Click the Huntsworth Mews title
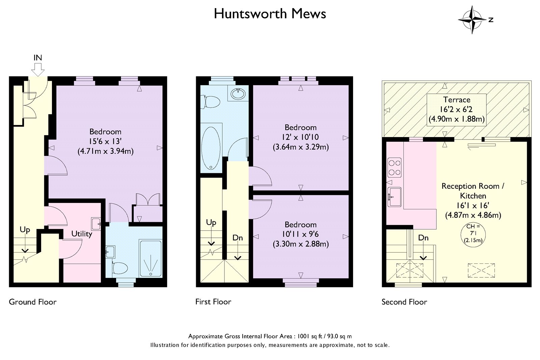click(270, 14)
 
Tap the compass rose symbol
click(472, 20)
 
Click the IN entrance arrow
click(38, 70)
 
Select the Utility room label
click(82, 234)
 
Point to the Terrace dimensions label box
click(457, 110)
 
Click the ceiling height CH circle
click(473, 234)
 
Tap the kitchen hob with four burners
click(395, 168)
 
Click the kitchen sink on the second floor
click(395, 197)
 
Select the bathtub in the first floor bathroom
click(211, 148)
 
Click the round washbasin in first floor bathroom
click(238, 94)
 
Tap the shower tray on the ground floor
click(151, 259)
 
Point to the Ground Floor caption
click(32, 302)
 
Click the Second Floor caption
click(404, 302)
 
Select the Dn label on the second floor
click(423, 238)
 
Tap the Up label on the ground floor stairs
click(25, 230)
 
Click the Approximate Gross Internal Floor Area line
click(270, 336)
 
